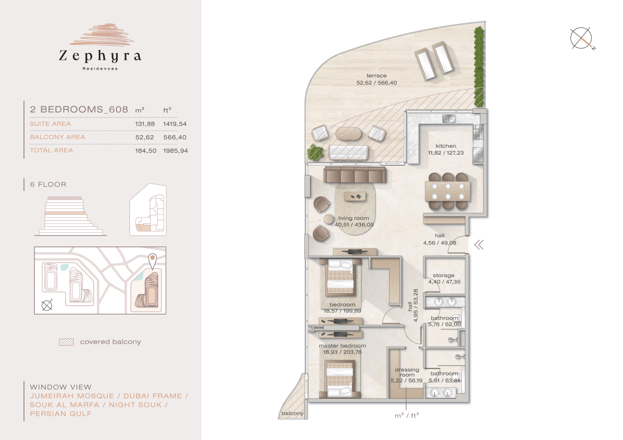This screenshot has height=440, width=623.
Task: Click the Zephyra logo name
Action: pos(100,56)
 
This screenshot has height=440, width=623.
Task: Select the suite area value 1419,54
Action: pos(175,124)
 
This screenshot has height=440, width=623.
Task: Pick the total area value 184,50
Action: pos(145,151)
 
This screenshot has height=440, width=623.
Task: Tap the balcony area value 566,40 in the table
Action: pos(175,137)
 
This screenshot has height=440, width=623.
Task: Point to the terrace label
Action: pos(376,76)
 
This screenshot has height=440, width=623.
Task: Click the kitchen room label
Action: pos(446,146)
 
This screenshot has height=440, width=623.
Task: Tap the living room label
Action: pos(351,218)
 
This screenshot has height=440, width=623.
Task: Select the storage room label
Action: pos(443,276)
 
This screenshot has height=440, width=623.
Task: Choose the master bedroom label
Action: pos(342,346)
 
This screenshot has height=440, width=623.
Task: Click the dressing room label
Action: pos(407,372)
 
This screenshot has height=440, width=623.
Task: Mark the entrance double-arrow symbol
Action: pos(479,245)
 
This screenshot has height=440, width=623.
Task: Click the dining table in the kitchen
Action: pos(447,191)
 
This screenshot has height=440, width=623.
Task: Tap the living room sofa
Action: pos(355,175)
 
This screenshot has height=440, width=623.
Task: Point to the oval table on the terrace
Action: pos(349,133)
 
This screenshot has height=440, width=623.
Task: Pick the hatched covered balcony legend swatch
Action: pos(66,342)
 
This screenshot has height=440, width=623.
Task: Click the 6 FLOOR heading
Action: pos(48,185)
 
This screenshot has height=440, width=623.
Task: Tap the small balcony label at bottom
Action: pos(292,414)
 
